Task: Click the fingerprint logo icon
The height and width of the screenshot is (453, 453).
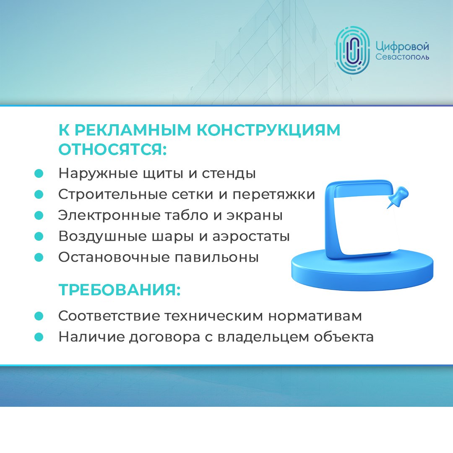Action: (x=352, y=50)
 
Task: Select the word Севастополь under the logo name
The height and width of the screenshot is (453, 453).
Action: (x=402, y=57)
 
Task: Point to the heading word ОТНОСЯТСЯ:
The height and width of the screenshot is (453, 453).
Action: (x=113, y=149)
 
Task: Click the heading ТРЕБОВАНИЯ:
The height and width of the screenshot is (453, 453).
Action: (x=120, y=289)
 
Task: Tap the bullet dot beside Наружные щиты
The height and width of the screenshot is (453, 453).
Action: (x=39, y=173)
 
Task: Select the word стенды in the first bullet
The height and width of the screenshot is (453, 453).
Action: (x=229, y=174)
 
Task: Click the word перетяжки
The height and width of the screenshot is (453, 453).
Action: (x=273, y=195)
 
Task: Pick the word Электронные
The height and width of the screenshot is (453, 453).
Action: (x=109, y=216)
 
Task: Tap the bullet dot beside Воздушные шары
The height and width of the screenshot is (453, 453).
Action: (x=39, y=236)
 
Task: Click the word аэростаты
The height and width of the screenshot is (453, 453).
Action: (x=251, y=237)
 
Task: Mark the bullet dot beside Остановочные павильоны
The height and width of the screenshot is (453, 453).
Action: (x=39, y=258)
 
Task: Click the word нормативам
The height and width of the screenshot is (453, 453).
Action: (x=315, y=316)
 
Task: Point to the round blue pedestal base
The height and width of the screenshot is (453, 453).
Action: (x=362, y=270)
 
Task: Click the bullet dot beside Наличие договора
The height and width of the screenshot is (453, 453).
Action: (x=39, y=337)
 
